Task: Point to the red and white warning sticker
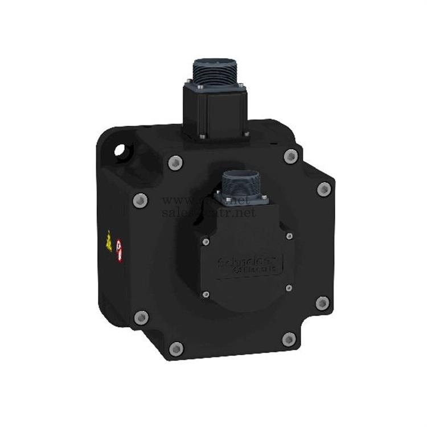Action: pyautogui.click(x=119, y=250)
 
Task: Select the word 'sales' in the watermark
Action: pyautogui.click(x=179, y=212)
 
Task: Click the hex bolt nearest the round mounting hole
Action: pyautogui.click(x=175, y=163)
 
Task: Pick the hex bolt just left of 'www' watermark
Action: pyautogui.click(x=140, y=200)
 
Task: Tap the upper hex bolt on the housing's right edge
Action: pyautogui.click(x=324, y=189)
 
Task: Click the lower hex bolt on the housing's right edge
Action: pyautogui.click(x=322, y=303)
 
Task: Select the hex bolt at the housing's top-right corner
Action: pyautogui.click(x=291, y=155)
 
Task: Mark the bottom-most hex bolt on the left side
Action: pyautogui.click(x=176, y=348)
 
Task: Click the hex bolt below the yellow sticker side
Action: pyautogui.click(x=141, y=318)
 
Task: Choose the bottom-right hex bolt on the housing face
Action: pyautogui.click(x=289, y=340)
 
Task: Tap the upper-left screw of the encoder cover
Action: pyautogui.click(x=206, y=242)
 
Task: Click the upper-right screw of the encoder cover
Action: pyautogui.click(x=289, y=236)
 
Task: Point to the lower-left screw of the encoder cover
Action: pyautogui.click(x=206, y=294)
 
